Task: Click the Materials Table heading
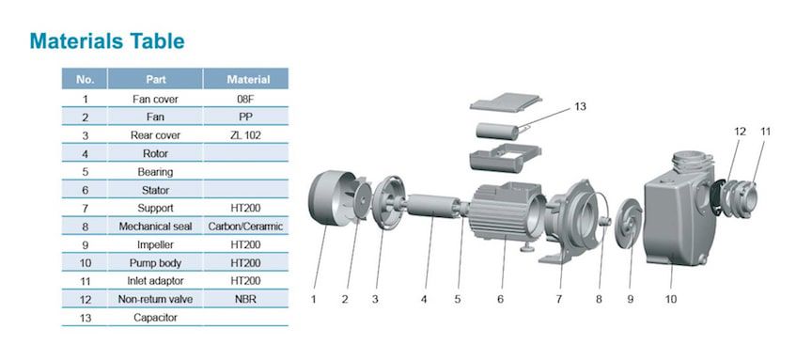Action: coord(107,41)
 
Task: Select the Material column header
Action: coord(248,80)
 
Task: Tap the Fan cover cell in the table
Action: coord(155,99)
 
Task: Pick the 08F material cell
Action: coord(246,99)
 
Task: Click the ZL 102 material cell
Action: coord(246,135)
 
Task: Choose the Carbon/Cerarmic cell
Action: coord(246,227)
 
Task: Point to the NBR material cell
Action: coord(246,300)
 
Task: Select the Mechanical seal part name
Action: coord(155,227)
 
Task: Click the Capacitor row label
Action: coord(155,318)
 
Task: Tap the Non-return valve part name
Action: coord(155,300)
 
